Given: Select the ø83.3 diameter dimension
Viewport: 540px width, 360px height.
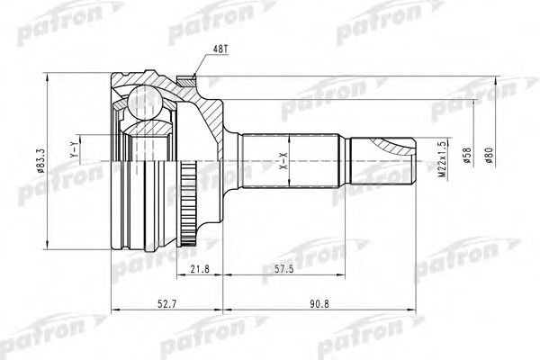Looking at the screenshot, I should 39,159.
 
